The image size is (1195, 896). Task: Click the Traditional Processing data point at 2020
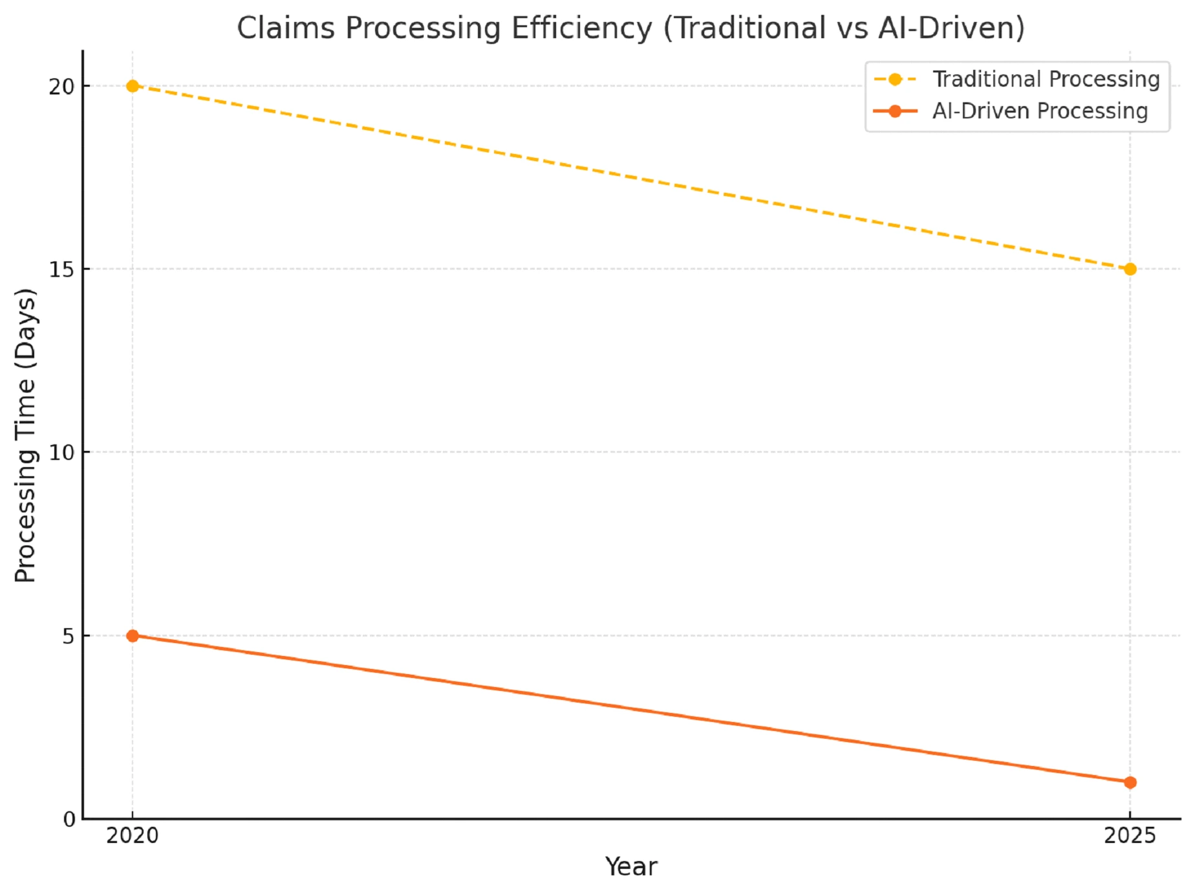[x=133, y=86]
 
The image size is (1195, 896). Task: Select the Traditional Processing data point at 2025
[x=1130, y=269]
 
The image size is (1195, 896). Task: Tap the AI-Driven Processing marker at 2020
[x=133, y=636]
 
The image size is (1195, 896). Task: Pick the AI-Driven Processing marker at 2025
[x=1130, y=782]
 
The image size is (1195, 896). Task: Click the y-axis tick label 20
[x=62, y=87]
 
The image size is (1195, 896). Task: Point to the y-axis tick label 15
[x=62, y=270]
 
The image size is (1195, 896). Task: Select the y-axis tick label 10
[x=62, y=453]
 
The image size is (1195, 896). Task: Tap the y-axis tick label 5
[x=69, y=637]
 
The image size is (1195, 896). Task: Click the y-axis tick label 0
[x=69, y=820]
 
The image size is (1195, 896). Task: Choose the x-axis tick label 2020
[x=133, y=836]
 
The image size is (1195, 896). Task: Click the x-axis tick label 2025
[x=1130, y=836]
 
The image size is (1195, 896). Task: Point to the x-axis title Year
[x=631, y=867]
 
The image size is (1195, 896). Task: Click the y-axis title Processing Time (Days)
[x=26, y=435]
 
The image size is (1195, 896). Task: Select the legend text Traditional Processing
[x=1046, y=80]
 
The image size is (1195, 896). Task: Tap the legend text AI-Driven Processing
[x=1040, y=111]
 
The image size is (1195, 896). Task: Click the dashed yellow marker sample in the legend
[x=895, y=80]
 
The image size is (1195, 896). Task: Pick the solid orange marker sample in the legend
[x=895, y=111]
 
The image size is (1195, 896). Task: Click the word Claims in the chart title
[x=286, y=28]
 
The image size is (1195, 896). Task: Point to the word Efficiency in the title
[x=581, y=28]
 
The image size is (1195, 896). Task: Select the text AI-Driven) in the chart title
[x=951, y=28]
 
